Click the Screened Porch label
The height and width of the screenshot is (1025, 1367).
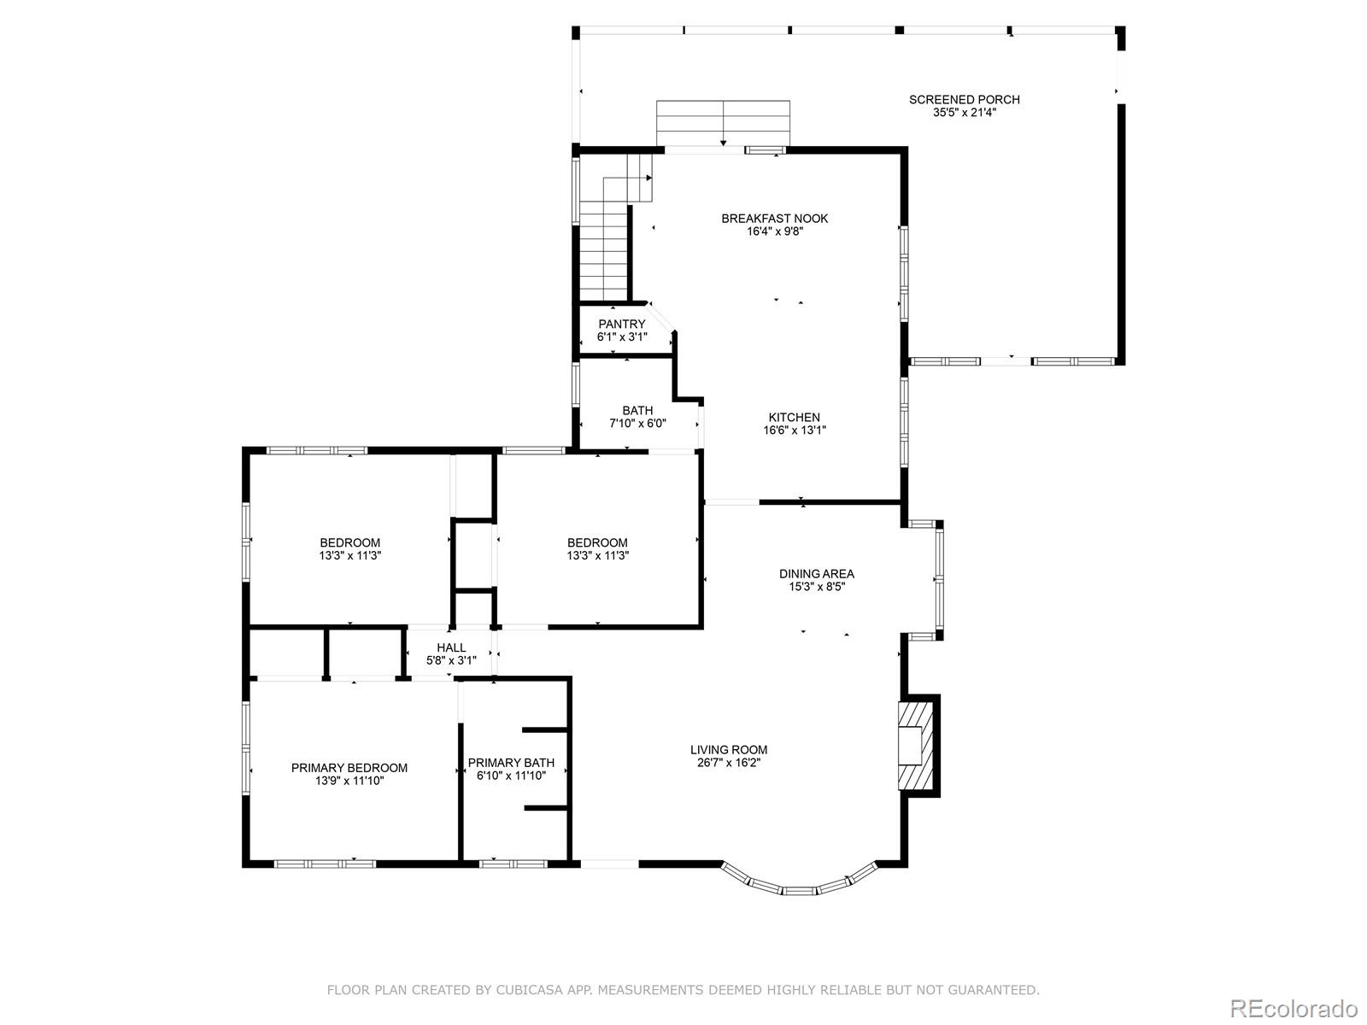[x=964, y=100]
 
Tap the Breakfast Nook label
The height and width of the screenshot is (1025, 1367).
[x=775, y=219]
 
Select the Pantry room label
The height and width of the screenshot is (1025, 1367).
[x=621, y=325]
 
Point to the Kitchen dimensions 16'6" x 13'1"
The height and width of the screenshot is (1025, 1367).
[x=794, y=430]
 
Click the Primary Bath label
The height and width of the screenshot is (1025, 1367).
[x=511, y=763]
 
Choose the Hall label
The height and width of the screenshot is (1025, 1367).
[x=451, y=647]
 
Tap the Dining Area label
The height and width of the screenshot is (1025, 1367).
[x=817, y=574]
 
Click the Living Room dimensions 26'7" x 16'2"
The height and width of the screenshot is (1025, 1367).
[x=729, y=763]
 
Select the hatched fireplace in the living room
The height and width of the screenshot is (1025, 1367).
[x=916, y=747]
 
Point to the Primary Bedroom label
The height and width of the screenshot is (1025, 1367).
[x=349, y=768]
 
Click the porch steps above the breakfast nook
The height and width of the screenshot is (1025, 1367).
[x=723, y=123]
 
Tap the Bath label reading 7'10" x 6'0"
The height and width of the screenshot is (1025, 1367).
[x=637, y=417]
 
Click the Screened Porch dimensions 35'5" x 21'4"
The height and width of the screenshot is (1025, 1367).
[x=964, y=113]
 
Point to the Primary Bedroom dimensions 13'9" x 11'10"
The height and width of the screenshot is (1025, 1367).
[x=349, y=781]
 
